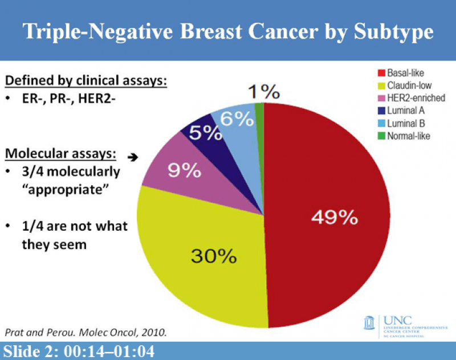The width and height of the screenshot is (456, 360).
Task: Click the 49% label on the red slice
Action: click(x=334, y=217)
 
